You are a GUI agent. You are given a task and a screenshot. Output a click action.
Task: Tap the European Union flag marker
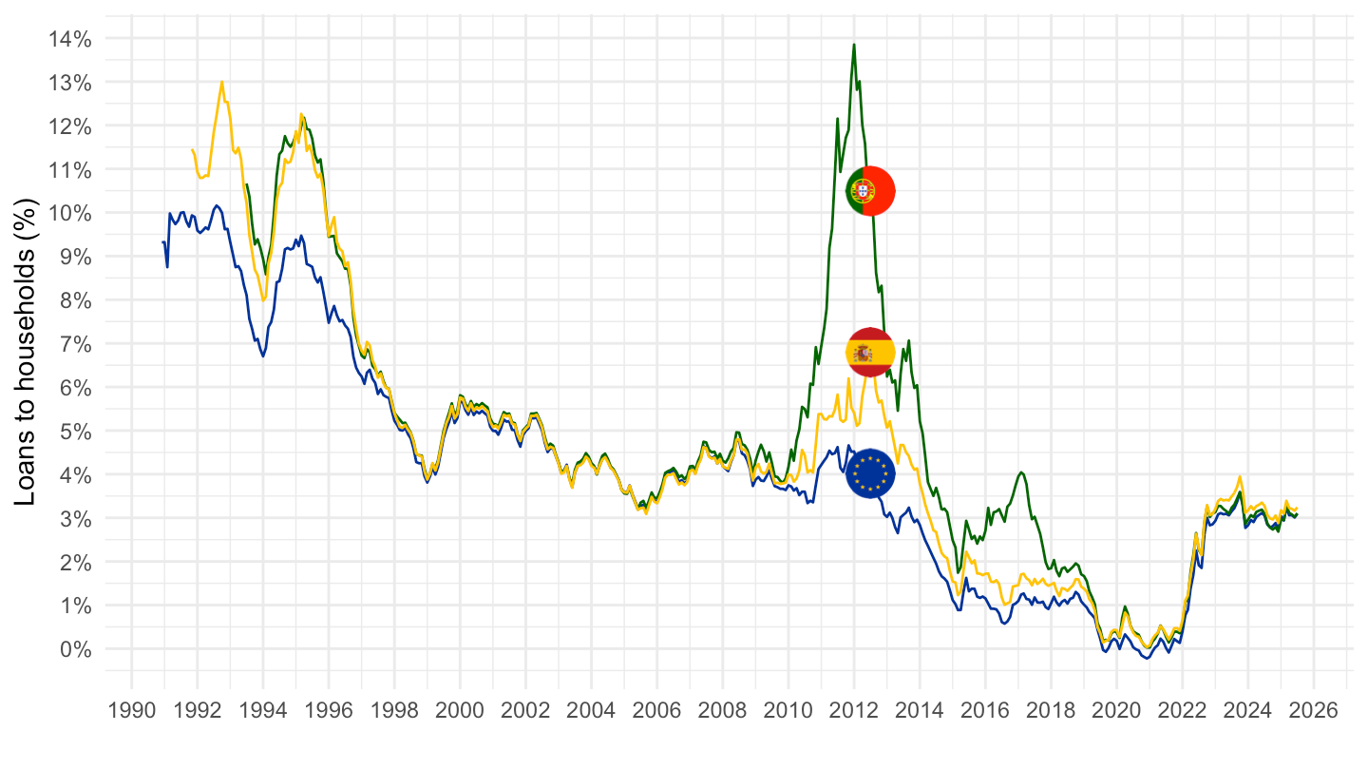pyautogui.click(x=870, y=472)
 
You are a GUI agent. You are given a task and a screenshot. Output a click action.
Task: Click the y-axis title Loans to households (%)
pyautogui.click(x=28, y=352)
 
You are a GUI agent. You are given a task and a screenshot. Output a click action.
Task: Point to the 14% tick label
pyautogui.click(x=71, y=39)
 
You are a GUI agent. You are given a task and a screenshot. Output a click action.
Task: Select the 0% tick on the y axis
pyautogui.click(x=76, y=649)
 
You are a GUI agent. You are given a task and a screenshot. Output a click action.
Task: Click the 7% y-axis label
pyautogui.click(x=76, y=344)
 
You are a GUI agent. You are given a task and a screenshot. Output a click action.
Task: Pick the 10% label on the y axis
pyautogui.click(x=71, y=213)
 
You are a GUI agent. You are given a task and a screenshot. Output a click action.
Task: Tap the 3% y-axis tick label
pyautogui.click(x=76, y=518)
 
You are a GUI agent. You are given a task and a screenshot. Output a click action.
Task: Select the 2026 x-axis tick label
pyautogui.click(x=1313, y=710)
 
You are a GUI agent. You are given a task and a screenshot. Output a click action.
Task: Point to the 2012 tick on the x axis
pyautogui.click(x=853, y=710)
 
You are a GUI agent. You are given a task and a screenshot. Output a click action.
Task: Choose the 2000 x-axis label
pyautogui.click(x=460, y=710)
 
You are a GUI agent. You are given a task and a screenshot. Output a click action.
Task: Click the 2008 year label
pyautogui.click(x=722, y=710)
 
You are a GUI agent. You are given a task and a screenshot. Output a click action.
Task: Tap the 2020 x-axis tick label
pyautogui.click(x=1116, y=710)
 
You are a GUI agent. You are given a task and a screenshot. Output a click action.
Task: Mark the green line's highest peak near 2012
pyautogui.click(x=854, y=45)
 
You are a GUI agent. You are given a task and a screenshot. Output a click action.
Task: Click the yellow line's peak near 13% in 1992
pyautogui.click(x=222, y=82)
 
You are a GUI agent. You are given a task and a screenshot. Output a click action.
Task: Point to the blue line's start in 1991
pyautogui.click(x=162, y=242)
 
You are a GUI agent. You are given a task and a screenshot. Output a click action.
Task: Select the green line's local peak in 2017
pyautogui.click(x=1021, y=472)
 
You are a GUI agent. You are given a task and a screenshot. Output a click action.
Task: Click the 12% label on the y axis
pyautogui.click(x=71, y=126)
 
